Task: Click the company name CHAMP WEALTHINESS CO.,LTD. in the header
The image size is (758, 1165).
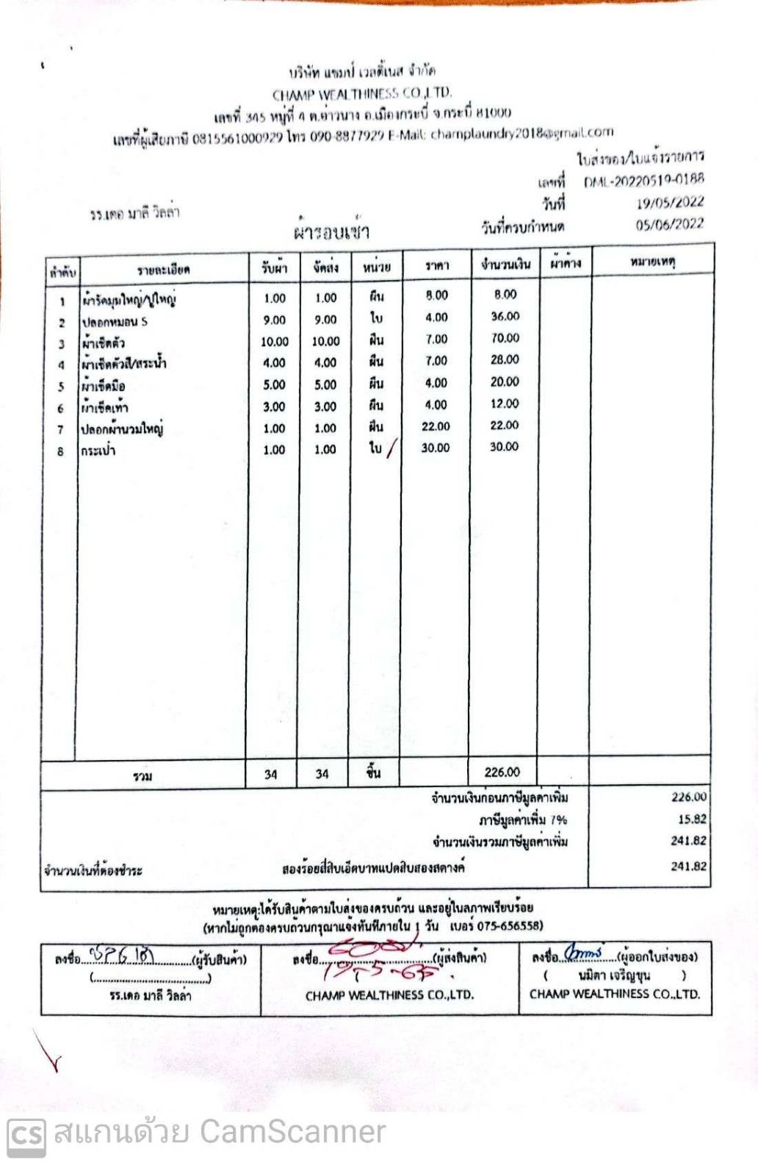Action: tap(362, 94)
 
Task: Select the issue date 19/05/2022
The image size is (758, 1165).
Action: tap(670, 203)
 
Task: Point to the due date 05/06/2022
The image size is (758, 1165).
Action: tap(670, 224)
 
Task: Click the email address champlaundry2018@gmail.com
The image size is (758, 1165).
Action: tap(521, 133)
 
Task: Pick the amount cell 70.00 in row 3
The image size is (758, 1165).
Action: tap(505, 338)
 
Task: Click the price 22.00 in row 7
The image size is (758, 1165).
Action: tap(436, 426)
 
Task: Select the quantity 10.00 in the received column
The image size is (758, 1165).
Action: tap(275, 342)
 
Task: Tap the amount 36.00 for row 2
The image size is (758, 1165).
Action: tap(505, 316)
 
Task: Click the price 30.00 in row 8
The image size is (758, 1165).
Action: tap(436, 448)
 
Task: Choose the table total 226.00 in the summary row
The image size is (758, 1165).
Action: tap(502, 772)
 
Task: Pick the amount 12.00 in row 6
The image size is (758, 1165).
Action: tap(505, 404)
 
